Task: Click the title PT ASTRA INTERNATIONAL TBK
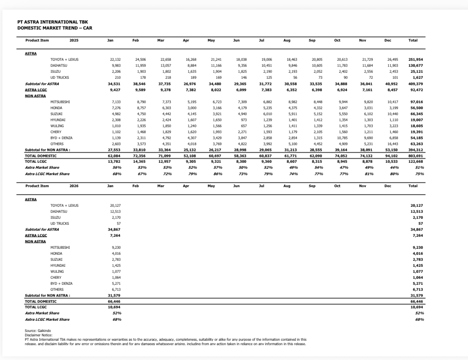tap(52, 22)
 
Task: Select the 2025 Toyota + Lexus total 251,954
tap(416, 60)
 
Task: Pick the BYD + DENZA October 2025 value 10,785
tap(343, 138)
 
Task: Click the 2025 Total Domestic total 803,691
tap(416, 156)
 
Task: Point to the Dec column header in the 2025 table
tap(388, 40)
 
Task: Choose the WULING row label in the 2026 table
tap(57, 272)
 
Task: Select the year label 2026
tap(74, 186)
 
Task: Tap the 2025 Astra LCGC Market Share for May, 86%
tap(216, 174)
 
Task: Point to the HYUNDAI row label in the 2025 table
tap(58, 120)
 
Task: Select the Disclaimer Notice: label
tap(38, 335)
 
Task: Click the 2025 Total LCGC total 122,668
tap(416, 162)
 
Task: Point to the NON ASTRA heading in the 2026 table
tap(35, 242)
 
